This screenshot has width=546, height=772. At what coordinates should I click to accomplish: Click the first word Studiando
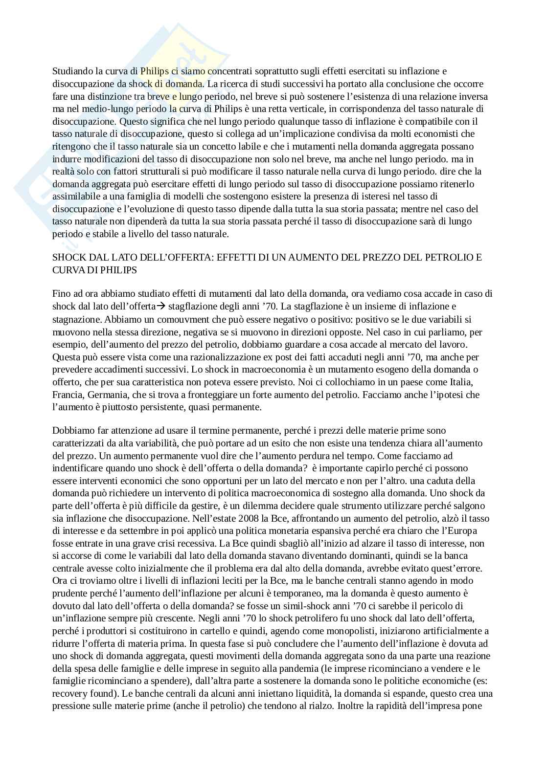click(x=71, y=71)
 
